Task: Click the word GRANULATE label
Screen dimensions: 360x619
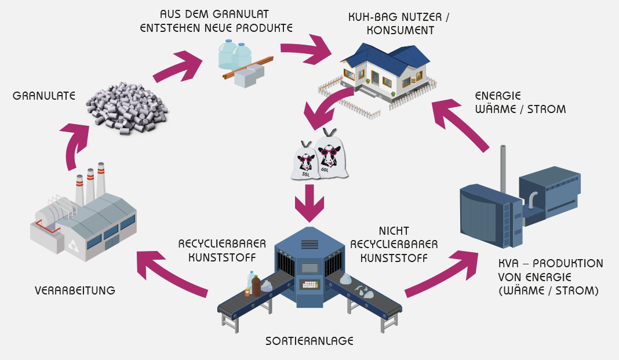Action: [x=44, y=96]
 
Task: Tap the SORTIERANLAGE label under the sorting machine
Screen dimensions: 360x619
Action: [x=309, y=341]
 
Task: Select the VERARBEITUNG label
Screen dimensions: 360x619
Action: [x=75, y=290]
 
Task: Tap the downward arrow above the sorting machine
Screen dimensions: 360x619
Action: [x=309, y=202]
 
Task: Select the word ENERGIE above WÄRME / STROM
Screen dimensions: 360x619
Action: [x=498, y=96]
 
